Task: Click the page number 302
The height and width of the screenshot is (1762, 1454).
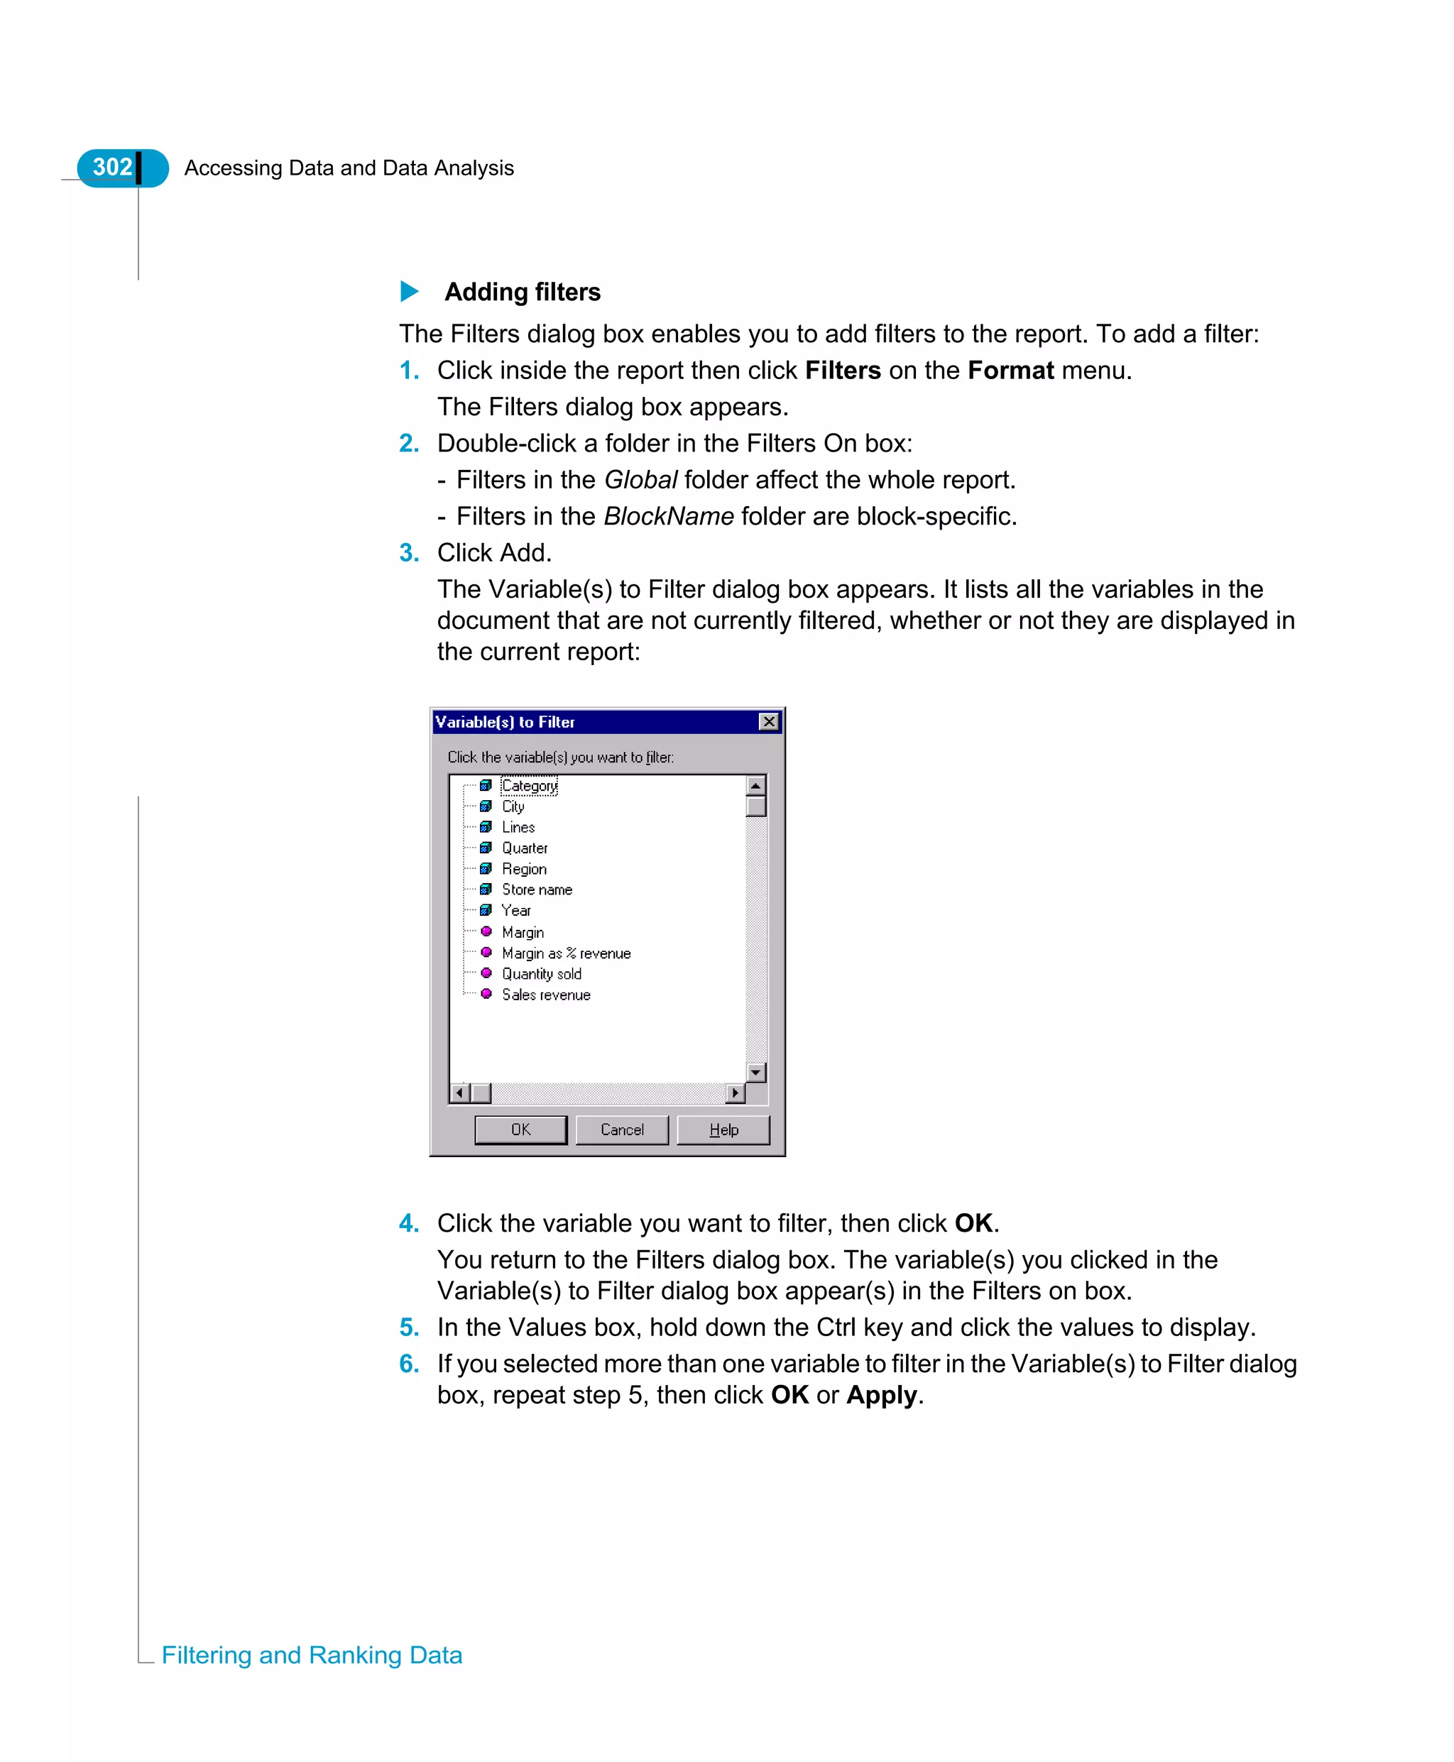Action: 112,168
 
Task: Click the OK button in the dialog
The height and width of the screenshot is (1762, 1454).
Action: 520,1129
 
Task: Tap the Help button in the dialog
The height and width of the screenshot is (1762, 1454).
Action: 723,1129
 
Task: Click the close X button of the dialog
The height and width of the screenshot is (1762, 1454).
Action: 768,722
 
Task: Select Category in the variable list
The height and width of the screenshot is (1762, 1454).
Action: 530,786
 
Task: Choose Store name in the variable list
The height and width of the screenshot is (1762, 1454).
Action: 537,890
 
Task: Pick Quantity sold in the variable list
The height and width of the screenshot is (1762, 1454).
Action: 541,973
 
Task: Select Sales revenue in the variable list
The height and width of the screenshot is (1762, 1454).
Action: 546,994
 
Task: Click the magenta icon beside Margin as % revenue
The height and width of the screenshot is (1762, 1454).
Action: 486,952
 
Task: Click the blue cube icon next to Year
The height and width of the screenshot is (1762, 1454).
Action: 486,910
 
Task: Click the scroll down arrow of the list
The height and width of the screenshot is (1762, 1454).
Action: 755,1072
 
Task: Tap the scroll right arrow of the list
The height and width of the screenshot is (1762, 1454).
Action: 736,1093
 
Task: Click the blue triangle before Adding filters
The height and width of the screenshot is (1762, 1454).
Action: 410,292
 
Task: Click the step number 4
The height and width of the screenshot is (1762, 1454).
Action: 409,1222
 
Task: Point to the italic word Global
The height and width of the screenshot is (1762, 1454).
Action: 640,480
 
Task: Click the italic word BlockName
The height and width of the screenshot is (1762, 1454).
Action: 668,516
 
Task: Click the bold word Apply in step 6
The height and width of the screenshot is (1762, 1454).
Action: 881,1394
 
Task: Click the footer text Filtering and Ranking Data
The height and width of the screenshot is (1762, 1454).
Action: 312,1655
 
